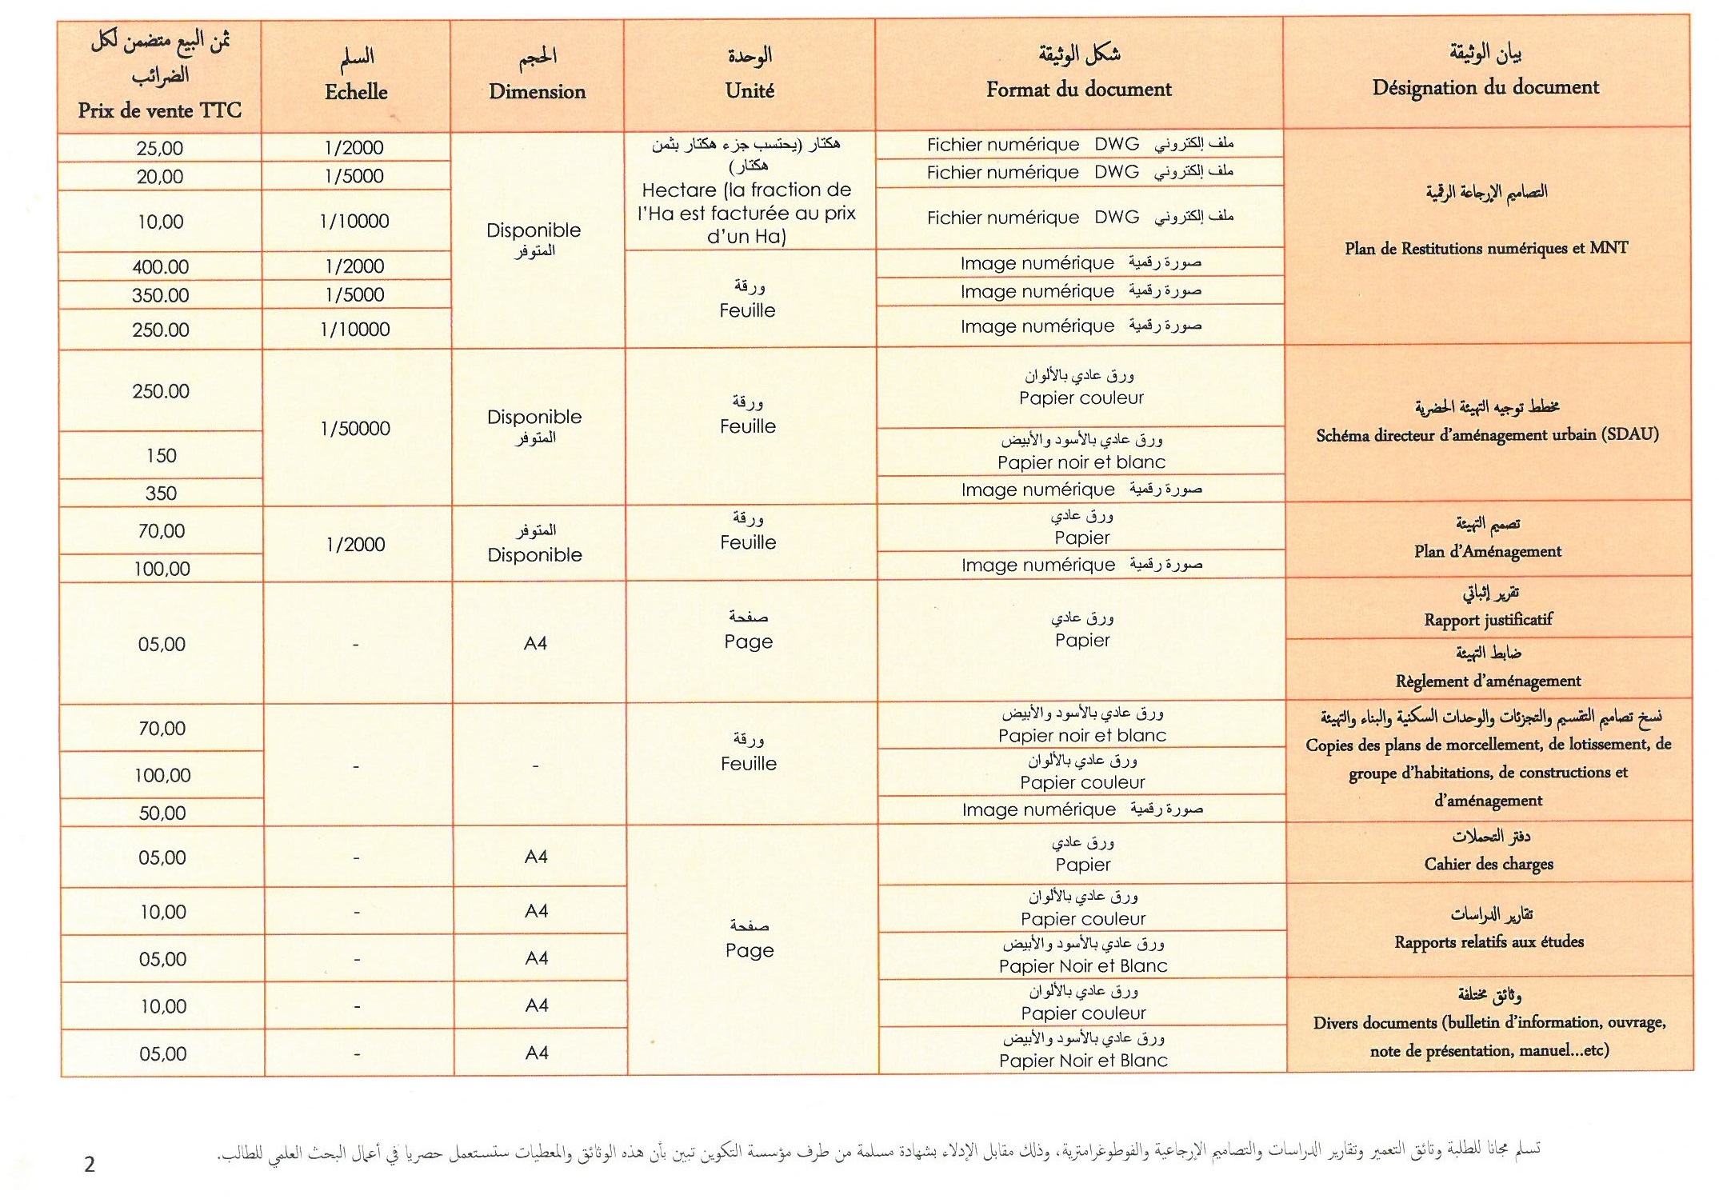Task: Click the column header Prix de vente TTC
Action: [159, 110]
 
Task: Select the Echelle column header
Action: [356, 92]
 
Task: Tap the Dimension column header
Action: [537, 91]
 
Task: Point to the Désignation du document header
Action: [1485, 87]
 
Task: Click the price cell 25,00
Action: [160, 148]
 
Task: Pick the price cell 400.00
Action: [160, 266]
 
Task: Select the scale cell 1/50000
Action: [355, 429]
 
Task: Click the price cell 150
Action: [161, 456]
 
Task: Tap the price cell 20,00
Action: [160, 177]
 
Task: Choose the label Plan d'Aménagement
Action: [1487, 551]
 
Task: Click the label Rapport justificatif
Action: [1488, 619]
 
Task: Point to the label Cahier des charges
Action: [1488, 864]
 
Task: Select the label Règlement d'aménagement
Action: [1488, 681]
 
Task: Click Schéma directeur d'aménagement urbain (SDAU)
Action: [1487, 435]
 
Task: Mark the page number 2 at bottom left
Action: [89, 1164]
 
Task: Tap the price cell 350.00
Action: [160, 295]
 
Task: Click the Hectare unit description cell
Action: [747, 213]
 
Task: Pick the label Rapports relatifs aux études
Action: [1489, 941]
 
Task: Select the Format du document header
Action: [1078, 89]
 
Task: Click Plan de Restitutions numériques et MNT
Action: [1485, 248]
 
